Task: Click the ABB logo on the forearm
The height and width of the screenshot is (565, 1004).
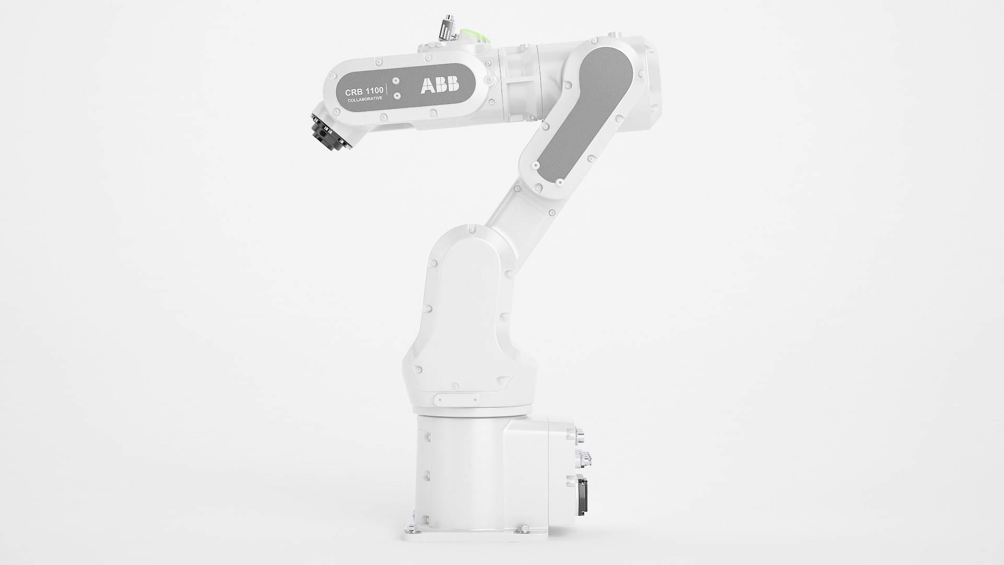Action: (440, 85)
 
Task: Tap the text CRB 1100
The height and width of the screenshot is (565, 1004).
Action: (364, 92)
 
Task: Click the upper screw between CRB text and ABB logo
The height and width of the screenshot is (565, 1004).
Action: (396, 82)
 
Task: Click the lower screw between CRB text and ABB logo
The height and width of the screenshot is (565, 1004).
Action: (396, 96)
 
